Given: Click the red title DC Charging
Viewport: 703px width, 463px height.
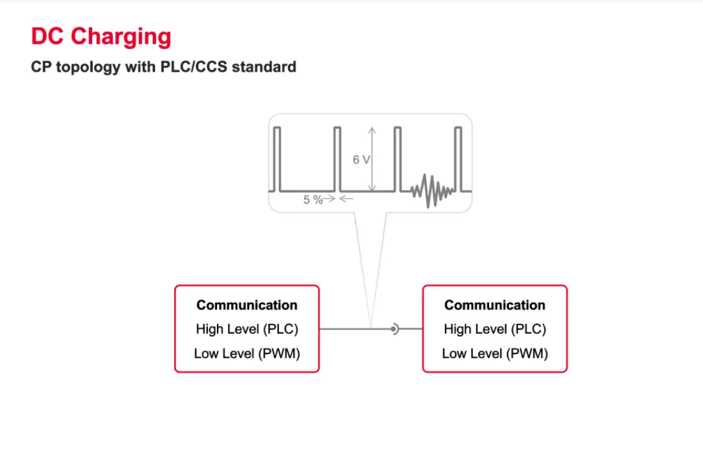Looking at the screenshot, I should (x=101, y=37).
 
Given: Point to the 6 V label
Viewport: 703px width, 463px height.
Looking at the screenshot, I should (x=361, y=159).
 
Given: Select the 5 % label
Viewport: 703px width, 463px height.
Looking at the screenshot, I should (x=313, y=200).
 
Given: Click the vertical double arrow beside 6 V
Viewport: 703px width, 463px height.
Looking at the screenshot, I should (x=372, y=159).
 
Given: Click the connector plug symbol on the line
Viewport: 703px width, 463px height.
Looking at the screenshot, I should (x=394, y=329).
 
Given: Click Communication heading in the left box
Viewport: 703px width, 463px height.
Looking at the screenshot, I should (x=247, y=305).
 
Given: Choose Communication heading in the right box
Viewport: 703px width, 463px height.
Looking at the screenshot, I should (x=495, y=305).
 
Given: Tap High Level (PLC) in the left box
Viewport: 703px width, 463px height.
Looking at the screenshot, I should (x=247, y=329).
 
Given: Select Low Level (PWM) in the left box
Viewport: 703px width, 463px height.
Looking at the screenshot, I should (x=247, y=354).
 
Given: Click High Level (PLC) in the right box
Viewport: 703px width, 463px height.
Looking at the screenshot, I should (x=495, y=329).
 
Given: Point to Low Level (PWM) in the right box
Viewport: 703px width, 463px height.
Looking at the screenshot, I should (x=495, y=354).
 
